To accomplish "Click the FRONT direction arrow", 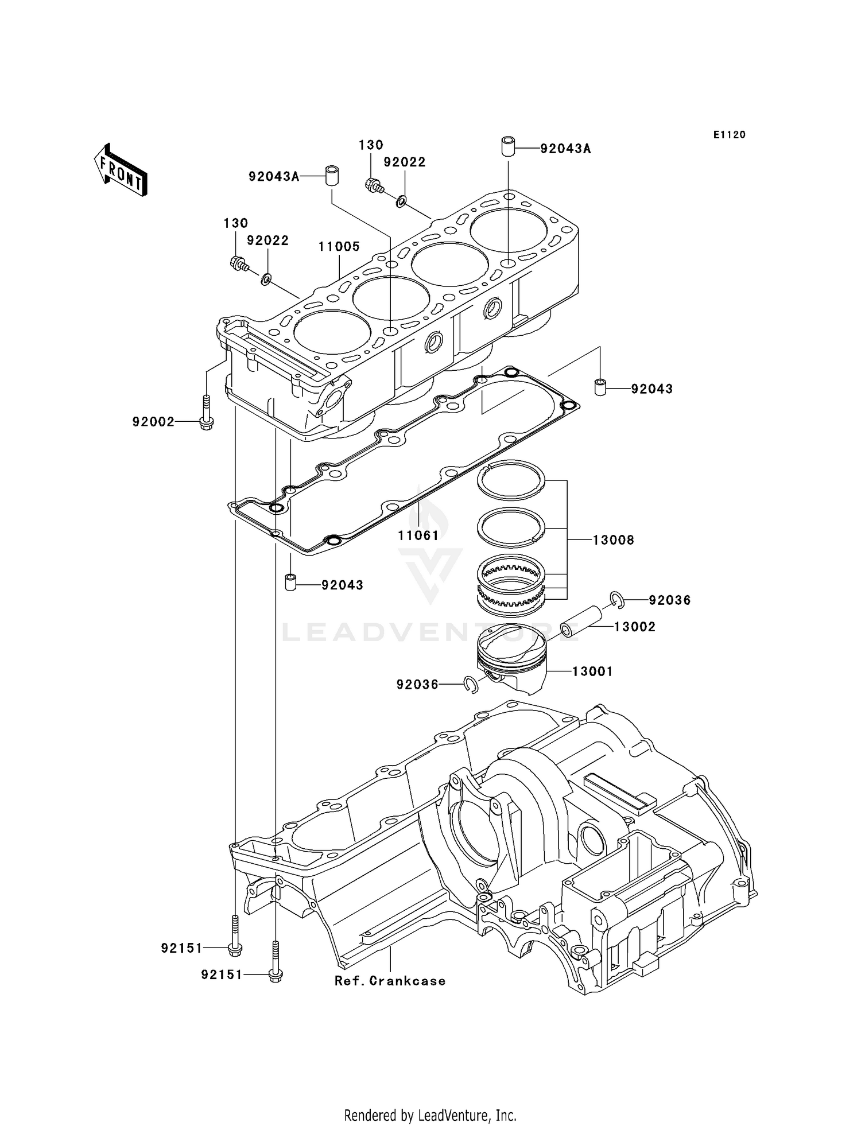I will [x=121, y=170].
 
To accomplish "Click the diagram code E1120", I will [x=729, y=135].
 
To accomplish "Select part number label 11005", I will [x=339, y=246].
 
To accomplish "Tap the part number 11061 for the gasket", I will [x=418, y=535].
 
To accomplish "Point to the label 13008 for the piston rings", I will [x=613, y=540].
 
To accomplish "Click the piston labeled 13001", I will [x=510, y=660].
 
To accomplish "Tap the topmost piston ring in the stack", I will [x=511, y=480].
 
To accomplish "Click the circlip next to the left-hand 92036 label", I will [x=471, y=684].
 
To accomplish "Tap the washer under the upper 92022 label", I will [x=402, y=201].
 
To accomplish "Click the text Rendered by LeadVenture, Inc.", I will [x=430, y=1115].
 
